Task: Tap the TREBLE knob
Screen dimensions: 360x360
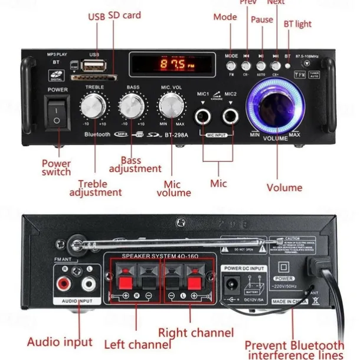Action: click(x=94, y=107)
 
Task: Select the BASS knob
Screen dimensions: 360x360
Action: click(x=132, y=107)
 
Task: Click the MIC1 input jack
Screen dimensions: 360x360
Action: click(x=204, y=115)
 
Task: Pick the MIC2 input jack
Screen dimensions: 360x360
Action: click(x=231, y=115)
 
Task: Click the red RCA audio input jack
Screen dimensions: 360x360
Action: click(x=63, y=284)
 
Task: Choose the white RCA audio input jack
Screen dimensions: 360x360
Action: click(x=89, y=284)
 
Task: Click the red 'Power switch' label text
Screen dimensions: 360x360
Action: click(x=56, y=168)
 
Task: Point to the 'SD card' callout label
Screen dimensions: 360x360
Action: click(x=125, y=15)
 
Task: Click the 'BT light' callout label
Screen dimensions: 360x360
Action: click(x=297, y=24)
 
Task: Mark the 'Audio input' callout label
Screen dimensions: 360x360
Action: click(x=60, y=342)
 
